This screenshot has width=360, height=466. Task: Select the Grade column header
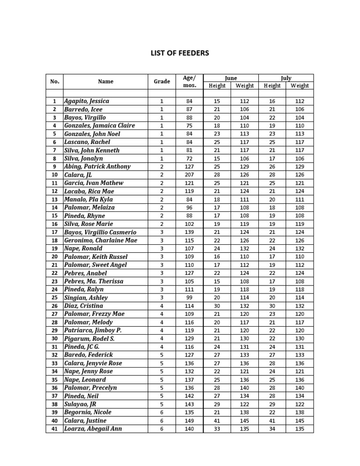click(x=162, y=82)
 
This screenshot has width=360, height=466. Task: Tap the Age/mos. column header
click(x=189, y=82)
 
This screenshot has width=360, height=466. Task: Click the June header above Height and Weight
click(x=231, y=78)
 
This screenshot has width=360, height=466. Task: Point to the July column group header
click(x=286, y=78)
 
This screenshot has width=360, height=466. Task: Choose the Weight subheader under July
click(x=300, y=86)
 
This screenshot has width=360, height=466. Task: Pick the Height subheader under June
click(x=217, y=86)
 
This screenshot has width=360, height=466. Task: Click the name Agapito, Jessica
click(x=87, y=101)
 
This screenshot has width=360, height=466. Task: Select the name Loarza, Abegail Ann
click(x=93, y=428)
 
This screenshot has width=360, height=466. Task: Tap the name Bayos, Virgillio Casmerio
click(x=100, y=232)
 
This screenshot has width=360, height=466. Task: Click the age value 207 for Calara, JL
click(x=189, y=175)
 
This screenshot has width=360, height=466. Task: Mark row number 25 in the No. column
click(x=54, y=298)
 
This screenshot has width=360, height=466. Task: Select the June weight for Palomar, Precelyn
click(x=245, y=388)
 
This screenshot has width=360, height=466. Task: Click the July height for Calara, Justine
click(x=272, y=421)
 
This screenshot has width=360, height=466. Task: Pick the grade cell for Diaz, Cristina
click(x=162, y=306)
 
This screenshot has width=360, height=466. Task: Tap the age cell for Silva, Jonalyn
click(x=189, y=158)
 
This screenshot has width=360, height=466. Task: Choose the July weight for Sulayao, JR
click(x=300, y=404)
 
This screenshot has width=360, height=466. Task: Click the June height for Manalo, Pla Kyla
click(x=217, y=199)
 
